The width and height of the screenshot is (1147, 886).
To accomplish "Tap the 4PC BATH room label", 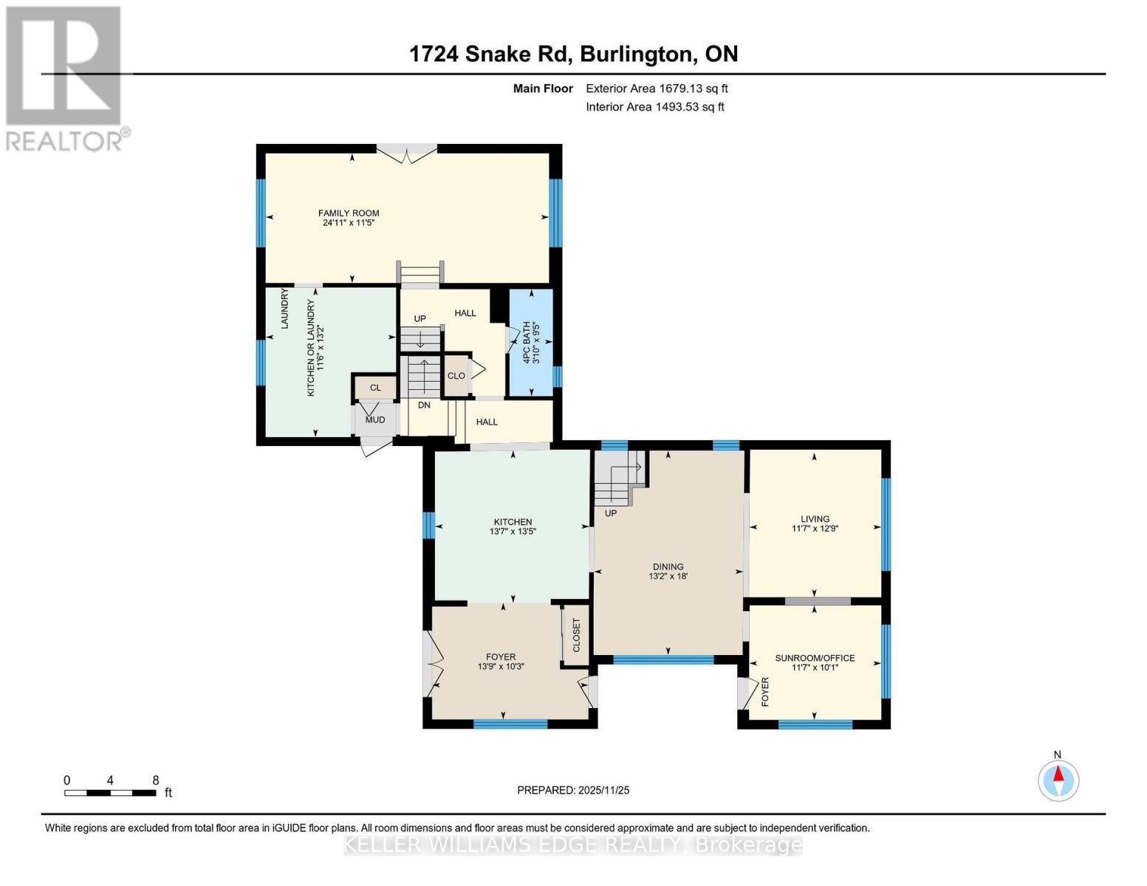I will coord(527,342).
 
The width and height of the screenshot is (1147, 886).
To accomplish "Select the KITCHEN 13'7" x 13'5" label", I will coord(513,526).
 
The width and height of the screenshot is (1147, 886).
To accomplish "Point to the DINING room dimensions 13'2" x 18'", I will coord(668,576).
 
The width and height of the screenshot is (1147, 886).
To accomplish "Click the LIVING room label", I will coord(815,519).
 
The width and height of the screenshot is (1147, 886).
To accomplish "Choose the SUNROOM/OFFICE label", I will coord(815,658).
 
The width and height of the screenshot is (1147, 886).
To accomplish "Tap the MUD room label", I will coord(375,420).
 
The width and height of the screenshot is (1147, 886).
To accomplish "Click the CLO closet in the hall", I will coord(456,376).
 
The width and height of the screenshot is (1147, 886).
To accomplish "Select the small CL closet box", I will coord(375,388).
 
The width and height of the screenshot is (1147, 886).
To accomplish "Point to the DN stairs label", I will coord(424,405).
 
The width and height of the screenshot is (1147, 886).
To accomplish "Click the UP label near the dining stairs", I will coord(611,513).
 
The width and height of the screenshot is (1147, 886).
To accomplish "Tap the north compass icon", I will coord(1058,780).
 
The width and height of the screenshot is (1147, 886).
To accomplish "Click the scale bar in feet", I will coord(110,793).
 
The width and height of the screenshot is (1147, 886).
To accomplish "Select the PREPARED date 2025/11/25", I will coord(573,790).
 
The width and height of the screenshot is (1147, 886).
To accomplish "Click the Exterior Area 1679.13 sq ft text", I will coord(657,89).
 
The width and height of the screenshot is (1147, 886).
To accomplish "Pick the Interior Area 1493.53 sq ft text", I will coord(654,107).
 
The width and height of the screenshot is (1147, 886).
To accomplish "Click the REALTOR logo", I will coord(65,78).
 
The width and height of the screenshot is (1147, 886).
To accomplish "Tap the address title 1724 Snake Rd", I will coord(573,54).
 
